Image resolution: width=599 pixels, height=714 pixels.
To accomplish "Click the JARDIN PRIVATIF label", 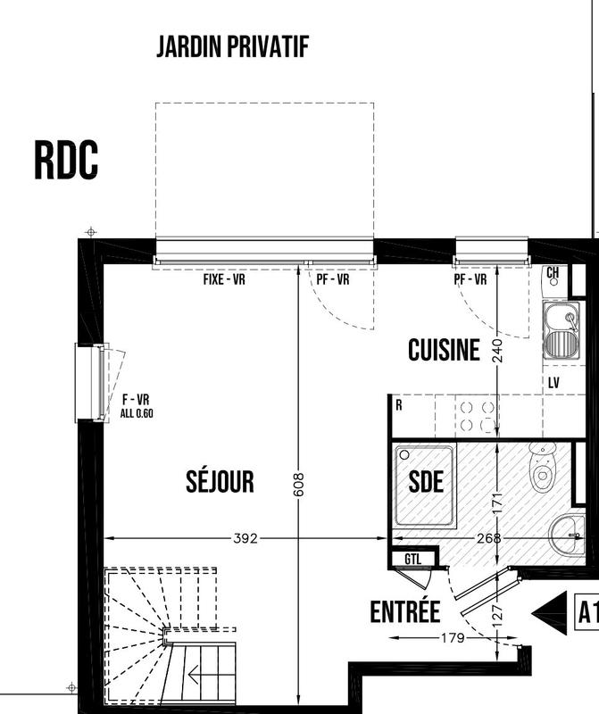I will pyautogui.click(x=233, y=47).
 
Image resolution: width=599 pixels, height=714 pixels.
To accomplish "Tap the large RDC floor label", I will pyautogui.click(x=66, y=161).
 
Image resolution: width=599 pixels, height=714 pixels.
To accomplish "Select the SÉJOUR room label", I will pyautogui.click(x=220, y=482).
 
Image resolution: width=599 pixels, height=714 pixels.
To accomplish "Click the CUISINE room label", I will pyautogui.click(x=444, y=351).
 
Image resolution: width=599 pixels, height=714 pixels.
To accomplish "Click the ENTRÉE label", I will pyautogui.click(x=405, y=612).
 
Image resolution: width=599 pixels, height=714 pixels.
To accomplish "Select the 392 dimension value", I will pyautogui.click(x=245, y=538).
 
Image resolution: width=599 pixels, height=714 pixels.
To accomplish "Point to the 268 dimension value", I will pyautogui.click(x=488, y=538).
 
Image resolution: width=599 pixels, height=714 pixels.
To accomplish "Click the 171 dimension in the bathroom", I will pyautogui.click(x=498, y=503).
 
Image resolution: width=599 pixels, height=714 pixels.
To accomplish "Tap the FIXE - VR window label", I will pyautogui.click(x=224, y=279).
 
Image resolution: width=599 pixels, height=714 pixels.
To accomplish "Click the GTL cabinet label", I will pyautogui.click(x=412, y=559).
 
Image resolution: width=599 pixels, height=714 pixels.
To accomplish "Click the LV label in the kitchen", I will pyautogui.click(x=553, y=382).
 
